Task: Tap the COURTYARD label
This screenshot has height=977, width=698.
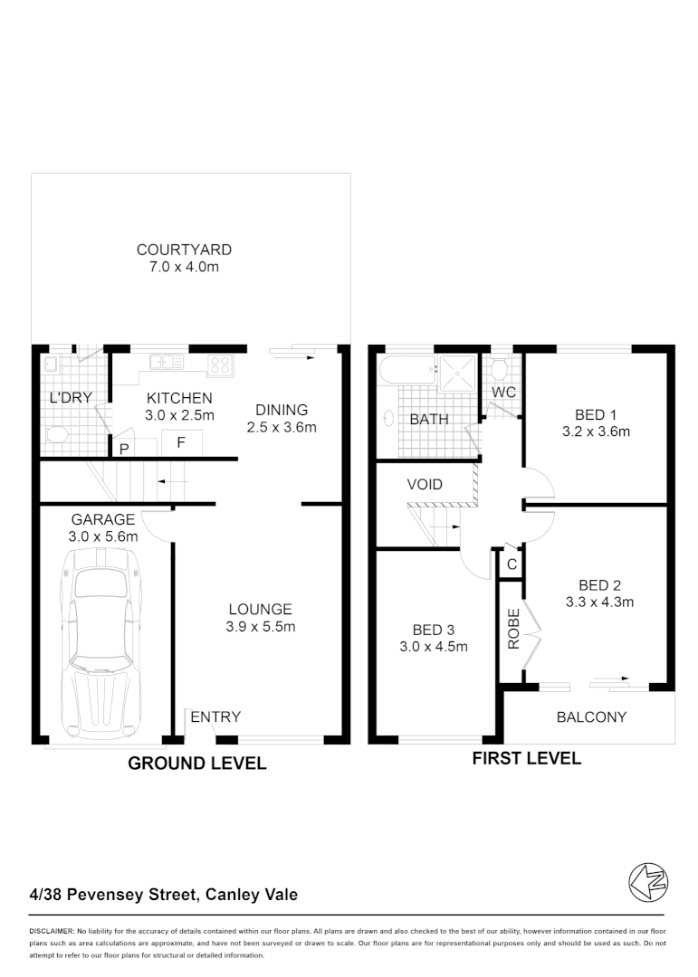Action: [184, 250]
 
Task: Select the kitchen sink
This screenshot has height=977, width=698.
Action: [167, 363]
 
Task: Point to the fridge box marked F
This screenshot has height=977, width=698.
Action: [181, 442]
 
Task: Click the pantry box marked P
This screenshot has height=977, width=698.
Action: [122, 447]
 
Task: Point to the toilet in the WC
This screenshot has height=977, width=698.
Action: [499, 369]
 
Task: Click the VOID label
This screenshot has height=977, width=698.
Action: [425, 485]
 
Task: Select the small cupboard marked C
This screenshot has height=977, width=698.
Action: [512, 564]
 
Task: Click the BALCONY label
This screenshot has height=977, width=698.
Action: [591, 717]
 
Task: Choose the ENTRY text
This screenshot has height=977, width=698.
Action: [215, 717]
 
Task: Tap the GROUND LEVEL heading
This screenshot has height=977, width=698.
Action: [197, 764]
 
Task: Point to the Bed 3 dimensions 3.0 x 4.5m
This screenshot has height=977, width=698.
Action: [434, 646]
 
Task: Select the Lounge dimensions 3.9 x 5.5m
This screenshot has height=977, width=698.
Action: [260, 626]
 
